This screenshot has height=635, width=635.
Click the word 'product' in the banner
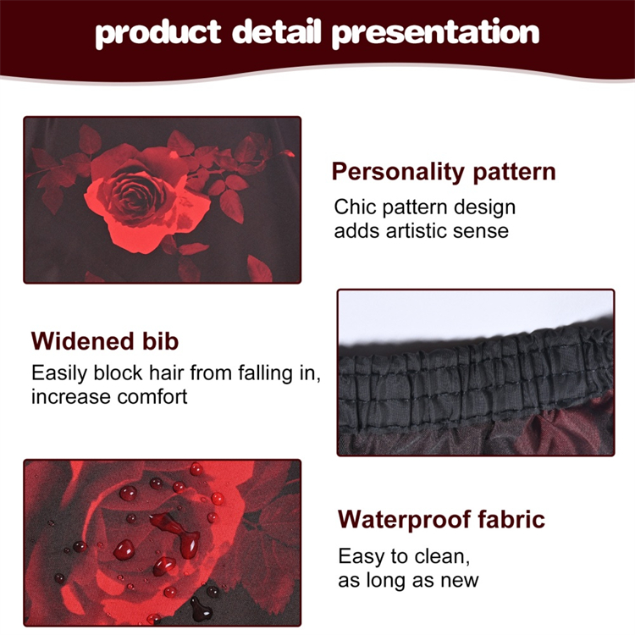pos(158,34)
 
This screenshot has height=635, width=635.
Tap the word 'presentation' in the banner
pos(436,34)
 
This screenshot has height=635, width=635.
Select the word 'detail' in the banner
pos(277,31)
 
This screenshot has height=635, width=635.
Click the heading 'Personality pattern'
pos(444,172)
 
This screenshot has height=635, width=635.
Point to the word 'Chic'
pos(355,207)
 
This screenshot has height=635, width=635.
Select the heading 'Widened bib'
pos(105,341)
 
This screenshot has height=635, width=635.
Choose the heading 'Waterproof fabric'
pos(441,519)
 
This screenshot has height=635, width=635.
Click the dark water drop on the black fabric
pos(202,609)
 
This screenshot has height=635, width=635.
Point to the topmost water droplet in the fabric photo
pos(196,469)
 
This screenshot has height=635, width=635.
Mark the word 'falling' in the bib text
pos(265,373)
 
